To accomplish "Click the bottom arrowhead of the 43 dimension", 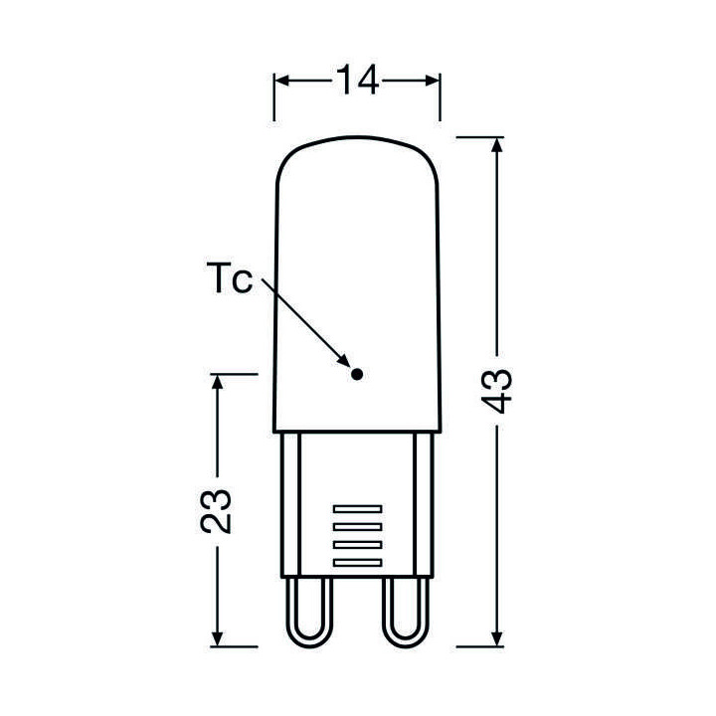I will pyautogui.click(x=498, y=636).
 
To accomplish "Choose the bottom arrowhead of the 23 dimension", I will pyautogui.click(x=218, y=636).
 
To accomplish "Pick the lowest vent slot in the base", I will pyautogui.click(x=356, y=563).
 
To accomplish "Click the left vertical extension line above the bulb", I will pyautogui.click(x=274, y=99).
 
